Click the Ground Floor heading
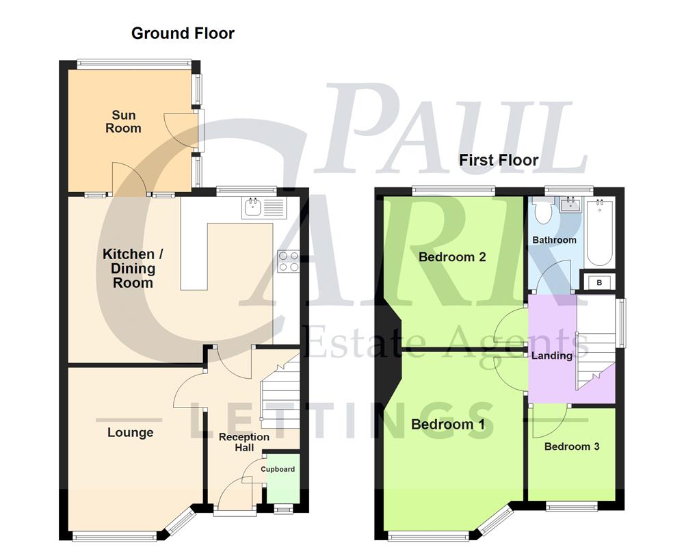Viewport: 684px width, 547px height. click(x=183, y=33)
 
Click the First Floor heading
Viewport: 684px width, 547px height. click(x=499, y=160)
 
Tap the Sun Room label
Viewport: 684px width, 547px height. click(x=123, y=122)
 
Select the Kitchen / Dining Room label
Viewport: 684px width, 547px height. click(x=133, y=269)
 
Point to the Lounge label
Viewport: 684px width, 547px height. click(x=130, y=432)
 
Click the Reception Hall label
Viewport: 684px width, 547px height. click(x=244, y=442)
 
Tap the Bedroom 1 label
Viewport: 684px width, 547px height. click(x=448, y=424)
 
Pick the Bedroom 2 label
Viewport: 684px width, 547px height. click(x=452, y=257)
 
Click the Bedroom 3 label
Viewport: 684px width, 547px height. click(x=572, y=446)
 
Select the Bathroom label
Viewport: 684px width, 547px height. click(x=554, y=240)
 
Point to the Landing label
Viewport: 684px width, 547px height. click(x=552, y=356)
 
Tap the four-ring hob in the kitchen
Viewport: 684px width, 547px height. click(x=288, y=262)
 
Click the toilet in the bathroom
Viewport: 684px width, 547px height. click(x=542, y=210)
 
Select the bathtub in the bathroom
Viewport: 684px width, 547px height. click(x=600, y=232)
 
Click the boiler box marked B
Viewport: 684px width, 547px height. click(x=599, y=282)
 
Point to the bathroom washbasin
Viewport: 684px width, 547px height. click(x=570, y=204)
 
